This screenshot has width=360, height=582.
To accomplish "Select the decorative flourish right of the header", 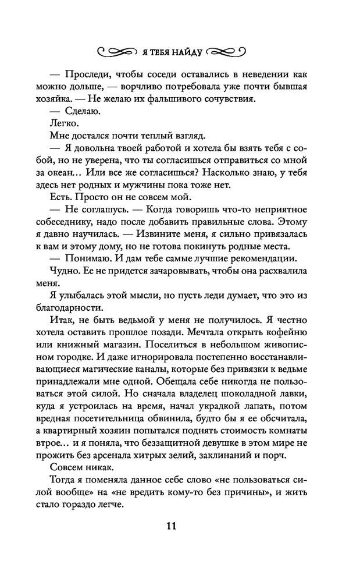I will point(227,50).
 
